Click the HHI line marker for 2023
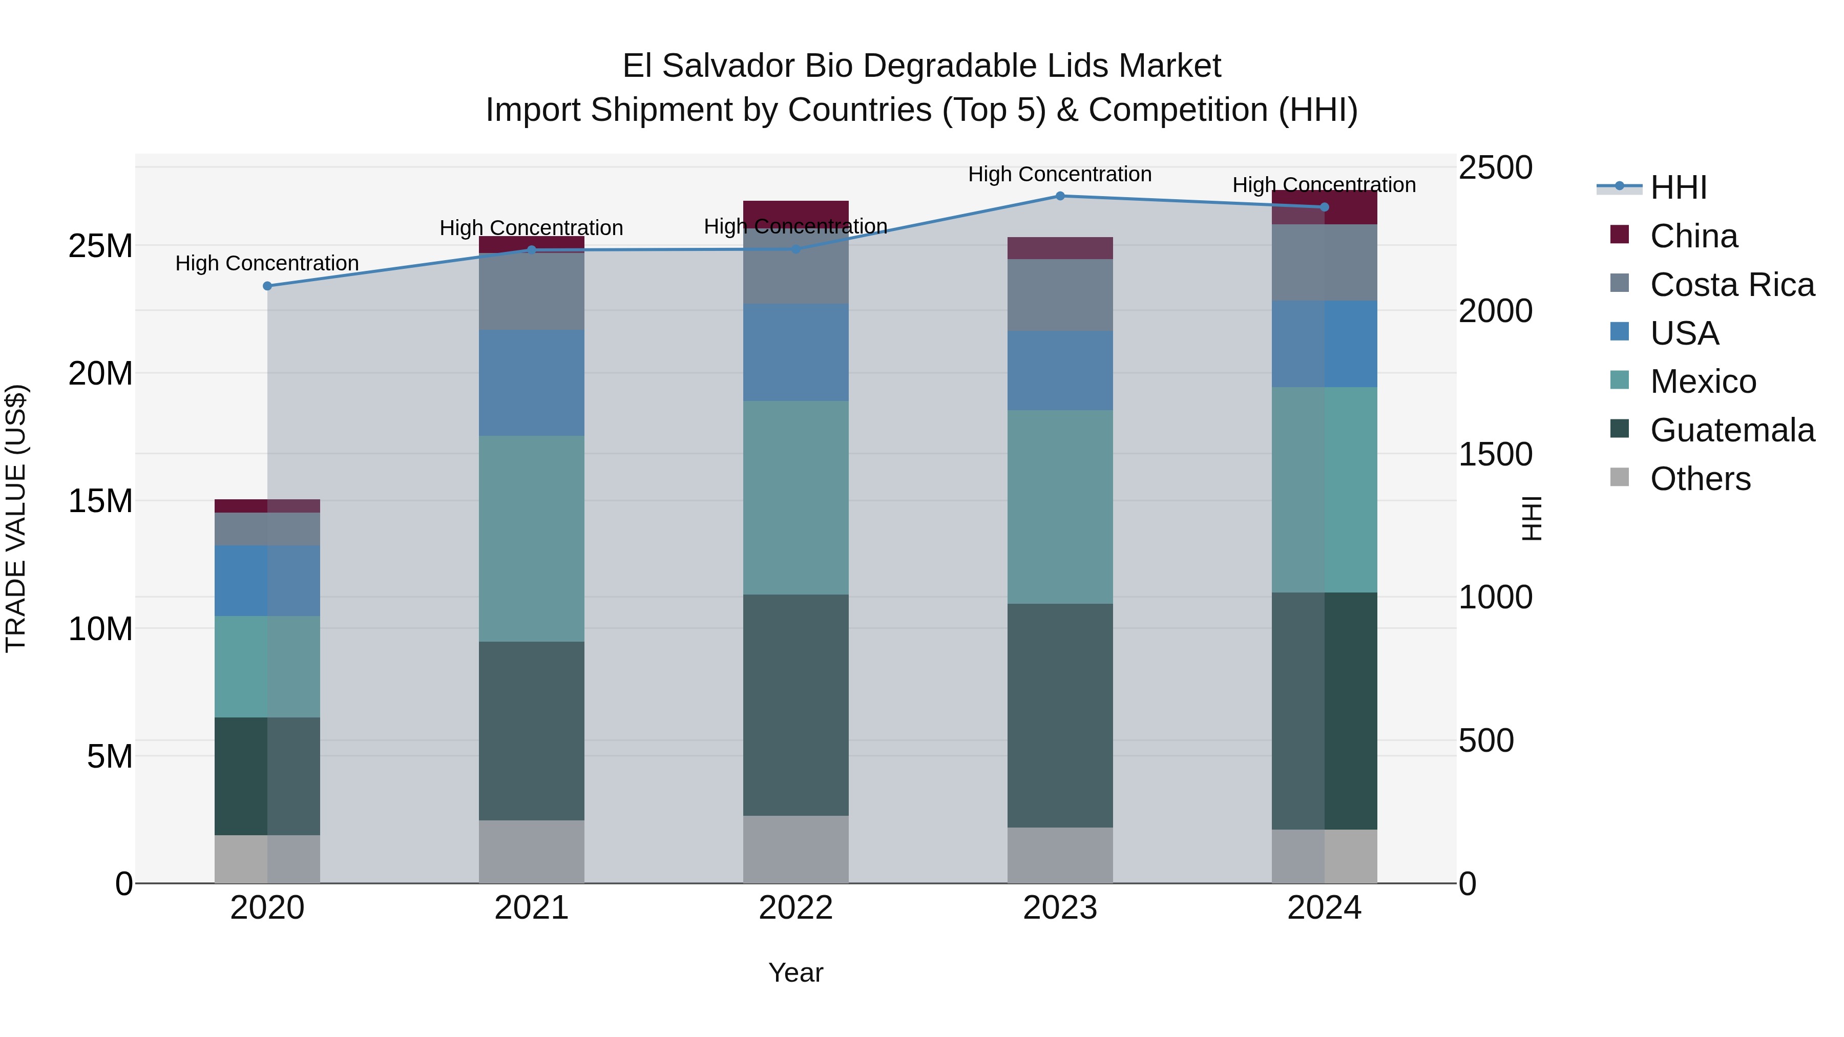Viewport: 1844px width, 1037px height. point(1060,196)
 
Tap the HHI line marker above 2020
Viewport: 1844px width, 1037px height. point(268,286)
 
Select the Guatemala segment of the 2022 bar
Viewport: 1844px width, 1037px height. point(795,705)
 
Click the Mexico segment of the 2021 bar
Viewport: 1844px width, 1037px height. point(531,538)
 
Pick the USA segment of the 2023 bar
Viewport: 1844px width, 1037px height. point(1060,370)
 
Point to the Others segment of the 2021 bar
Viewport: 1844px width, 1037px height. point(531,852)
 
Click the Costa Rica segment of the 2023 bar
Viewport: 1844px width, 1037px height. point(1060,295)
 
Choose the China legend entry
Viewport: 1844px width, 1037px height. point(1693,236)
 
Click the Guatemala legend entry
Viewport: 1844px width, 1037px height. point(1732,430)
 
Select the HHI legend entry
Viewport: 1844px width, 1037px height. point(1678,187)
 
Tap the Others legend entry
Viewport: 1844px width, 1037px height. point(1700,479)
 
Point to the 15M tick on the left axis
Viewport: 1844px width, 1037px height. point(100,501)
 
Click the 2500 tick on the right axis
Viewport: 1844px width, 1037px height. point(1495,168)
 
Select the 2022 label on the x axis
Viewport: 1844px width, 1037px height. point(795,908)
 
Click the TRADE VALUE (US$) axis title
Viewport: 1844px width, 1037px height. point(16,518)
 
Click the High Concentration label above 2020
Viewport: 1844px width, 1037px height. point(267,263)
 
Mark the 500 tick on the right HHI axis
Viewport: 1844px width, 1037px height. point(1486,740)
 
